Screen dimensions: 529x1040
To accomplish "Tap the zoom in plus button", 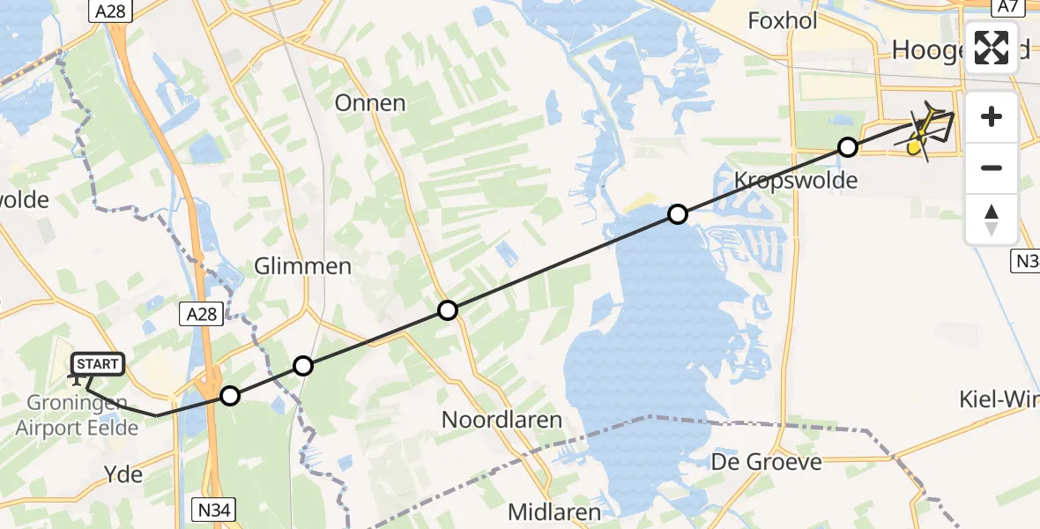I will (x=992, y=116).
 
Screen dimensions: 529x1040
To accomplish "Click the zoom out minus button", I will (x=992, y=168).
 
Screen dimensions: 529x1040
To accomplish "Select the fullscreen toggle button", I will (x=992, y=48).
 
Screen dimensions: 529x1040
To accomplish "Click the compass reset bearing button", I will (x=992, y=220).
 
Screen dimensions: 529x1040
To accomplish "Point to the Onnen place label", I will (x=370, y=102).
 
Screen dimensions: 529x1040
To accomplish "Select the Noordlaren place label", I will (x=501, y=420).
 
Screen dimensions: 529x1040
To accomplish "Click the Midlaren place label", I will (x=554, y=511).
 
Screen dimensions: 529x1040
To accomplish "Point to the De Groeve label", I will (x=767, y=461).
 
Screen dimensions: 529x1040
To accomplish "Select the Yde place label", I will (x=123, y=473).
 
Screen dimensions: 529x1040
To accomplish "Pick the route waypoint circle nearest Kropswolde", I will (x=847, y=147).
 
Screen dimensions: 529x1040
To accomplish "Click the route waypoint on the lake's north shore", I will (x=677, y=213).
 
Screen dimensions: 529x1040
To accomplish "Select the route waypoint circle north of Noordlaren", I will (x=448, y=309).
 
